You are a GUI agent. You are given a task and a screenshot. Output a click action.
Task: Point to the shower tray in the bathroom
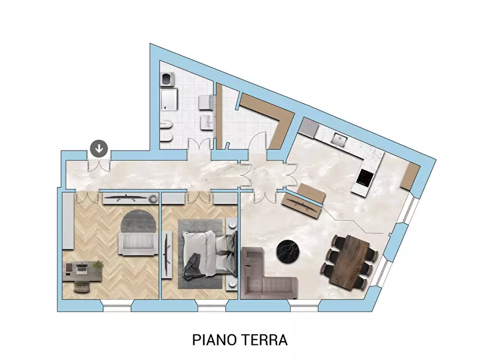[169, 99]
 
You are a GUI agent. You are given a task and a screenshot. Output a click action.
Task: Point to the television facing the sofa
[303, 204]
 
